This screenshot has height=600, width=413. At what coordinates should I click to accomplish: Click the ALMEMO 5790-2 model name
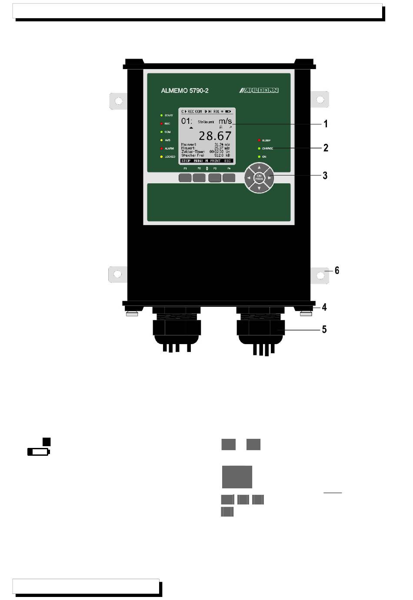(185, 91)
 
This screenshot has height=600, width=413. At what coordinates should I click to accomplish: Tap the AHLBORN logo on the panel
(259, 90)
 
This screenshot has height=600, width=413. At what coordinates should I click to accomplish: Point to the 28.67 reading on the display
(215, 136)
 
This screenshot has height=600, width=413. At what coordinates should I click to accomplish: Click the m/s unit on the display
(225, 121)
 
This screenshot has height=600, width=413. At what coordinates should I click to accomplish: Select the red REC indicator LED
(161, 124)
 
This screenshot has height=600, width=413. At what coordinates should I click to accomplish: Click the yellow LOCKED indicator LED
(161, 156)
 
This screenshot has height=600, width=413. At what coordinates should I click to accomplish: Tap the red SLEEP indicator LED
(259, 140)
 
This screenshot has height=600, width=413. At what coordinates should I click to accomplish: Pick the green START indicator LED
(161, 116)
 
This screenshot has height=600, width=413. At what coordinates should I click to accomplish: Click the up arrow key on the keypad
(259, 167)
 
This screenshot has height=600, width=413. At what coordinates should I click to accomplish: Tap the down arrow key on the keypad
(259, 189)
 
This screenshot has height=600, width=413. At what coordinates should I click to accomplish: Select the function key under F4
(229, 178)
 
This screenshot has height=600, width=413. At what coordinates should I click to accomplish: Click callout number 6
(337, 270)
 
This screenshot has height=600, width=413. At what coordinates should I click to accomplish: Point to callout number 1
(325, 124)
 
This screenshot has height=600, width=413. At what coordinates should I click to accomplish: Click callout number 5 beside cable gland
(324, 329)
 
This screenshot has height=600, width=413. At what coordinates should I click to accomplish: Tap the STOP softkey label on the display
(186, 161)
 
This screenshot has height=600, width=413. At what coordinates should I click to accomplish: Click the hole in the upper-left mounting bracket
(118, 101)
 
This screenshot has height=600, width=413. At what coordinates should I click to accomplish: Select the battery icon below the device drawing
(39, 452)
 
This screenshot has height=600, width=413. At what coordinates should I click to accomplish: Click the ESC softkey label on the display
(227, 161)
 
